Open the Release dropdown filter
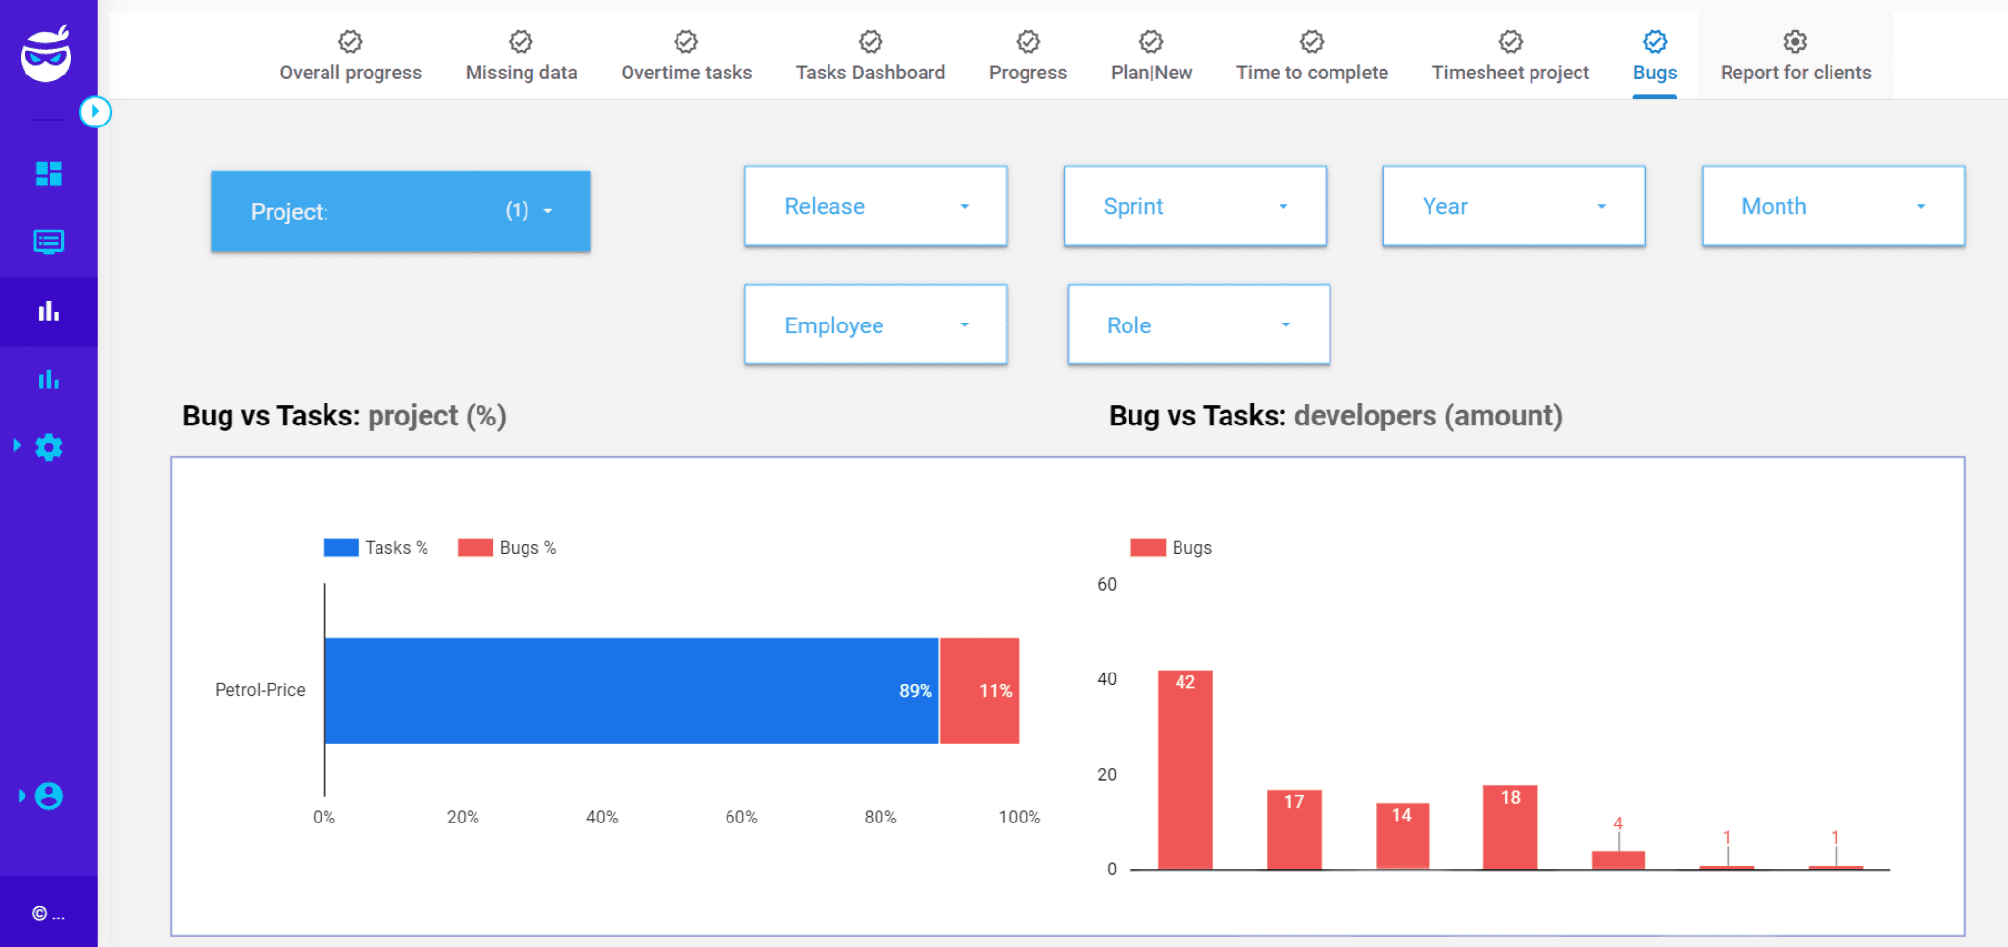[875, 206]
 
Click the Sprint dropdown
[1194, 206]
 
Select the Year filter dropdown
[1513, 206]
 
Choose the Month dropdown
[1832, 206]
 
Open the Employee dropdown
[875, 325]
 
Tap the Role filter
[1197, 325]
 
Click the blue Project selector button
[400, 211]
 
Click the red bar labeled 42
[1184, 770]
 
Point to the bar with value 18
[1510, 826]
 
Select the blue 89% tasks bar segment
[630, 691]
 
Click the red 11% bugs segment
[979, 691]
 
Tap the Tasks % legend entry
[376, 548]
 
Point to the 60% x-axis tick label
[741, 817]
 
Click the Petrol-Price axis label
[260, 690]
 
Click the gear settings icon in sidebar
[49, 447]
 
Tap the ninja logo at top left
[46, 55]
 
